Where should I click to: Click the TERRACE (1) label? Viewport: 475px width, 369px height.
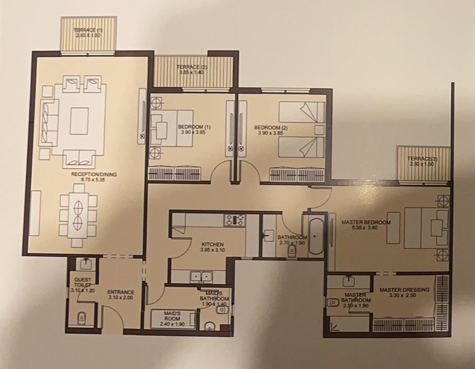click(85, 30)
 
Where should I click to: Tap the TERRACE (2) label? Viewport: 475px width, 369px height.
click(188, 67)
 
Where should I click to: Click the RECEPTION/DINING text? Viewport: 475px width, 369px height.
click(94, 175)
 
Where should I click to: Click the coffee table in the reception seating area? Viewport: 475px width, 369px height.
click(79, 121)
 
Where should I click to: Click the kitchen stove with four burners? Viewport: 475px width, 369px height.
click(234, 220)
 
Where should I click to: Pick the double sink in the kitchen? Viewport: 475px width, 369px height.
click(201, 277)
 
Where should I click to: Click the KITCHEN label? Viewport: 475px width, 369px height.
click(212, 245)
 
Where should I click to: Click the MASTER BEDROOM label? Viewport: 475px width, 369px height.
click(366, 223)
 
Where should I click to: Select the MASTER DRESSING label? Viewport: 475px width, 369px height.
click(405, 290)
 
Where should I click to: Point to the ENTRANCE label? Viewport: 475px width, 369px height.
click(121, 292)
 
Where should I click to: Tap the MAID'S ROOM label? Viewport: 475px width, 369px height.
click(172, 316)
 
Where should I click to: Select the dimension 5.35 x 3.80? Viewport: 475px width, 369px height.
click(365, 227)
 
